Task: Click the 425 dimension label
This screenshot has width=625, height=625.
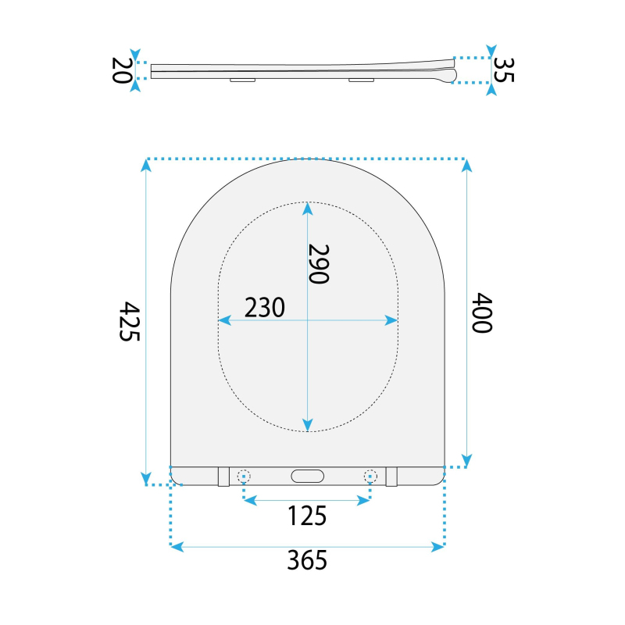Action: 130,321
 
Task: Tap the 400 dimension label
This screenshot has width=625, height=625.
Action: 482,312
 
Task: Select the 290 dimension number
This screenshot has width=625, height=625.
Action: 319,264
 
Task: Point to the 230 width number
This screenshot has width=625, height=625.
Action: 265,307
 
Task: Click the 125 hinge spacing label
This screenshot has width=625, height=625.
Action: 307,516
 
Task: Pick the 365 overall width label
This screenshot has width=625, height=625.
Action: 307,560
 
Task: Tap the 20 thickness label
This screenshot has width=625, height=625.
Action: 121,70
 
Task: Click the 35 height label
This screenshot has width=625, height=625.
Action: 504,70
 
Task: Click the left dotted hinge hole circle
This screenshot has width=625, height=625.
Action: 244,476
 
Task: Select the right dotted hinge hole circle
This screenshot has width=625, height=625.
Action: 370,476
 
